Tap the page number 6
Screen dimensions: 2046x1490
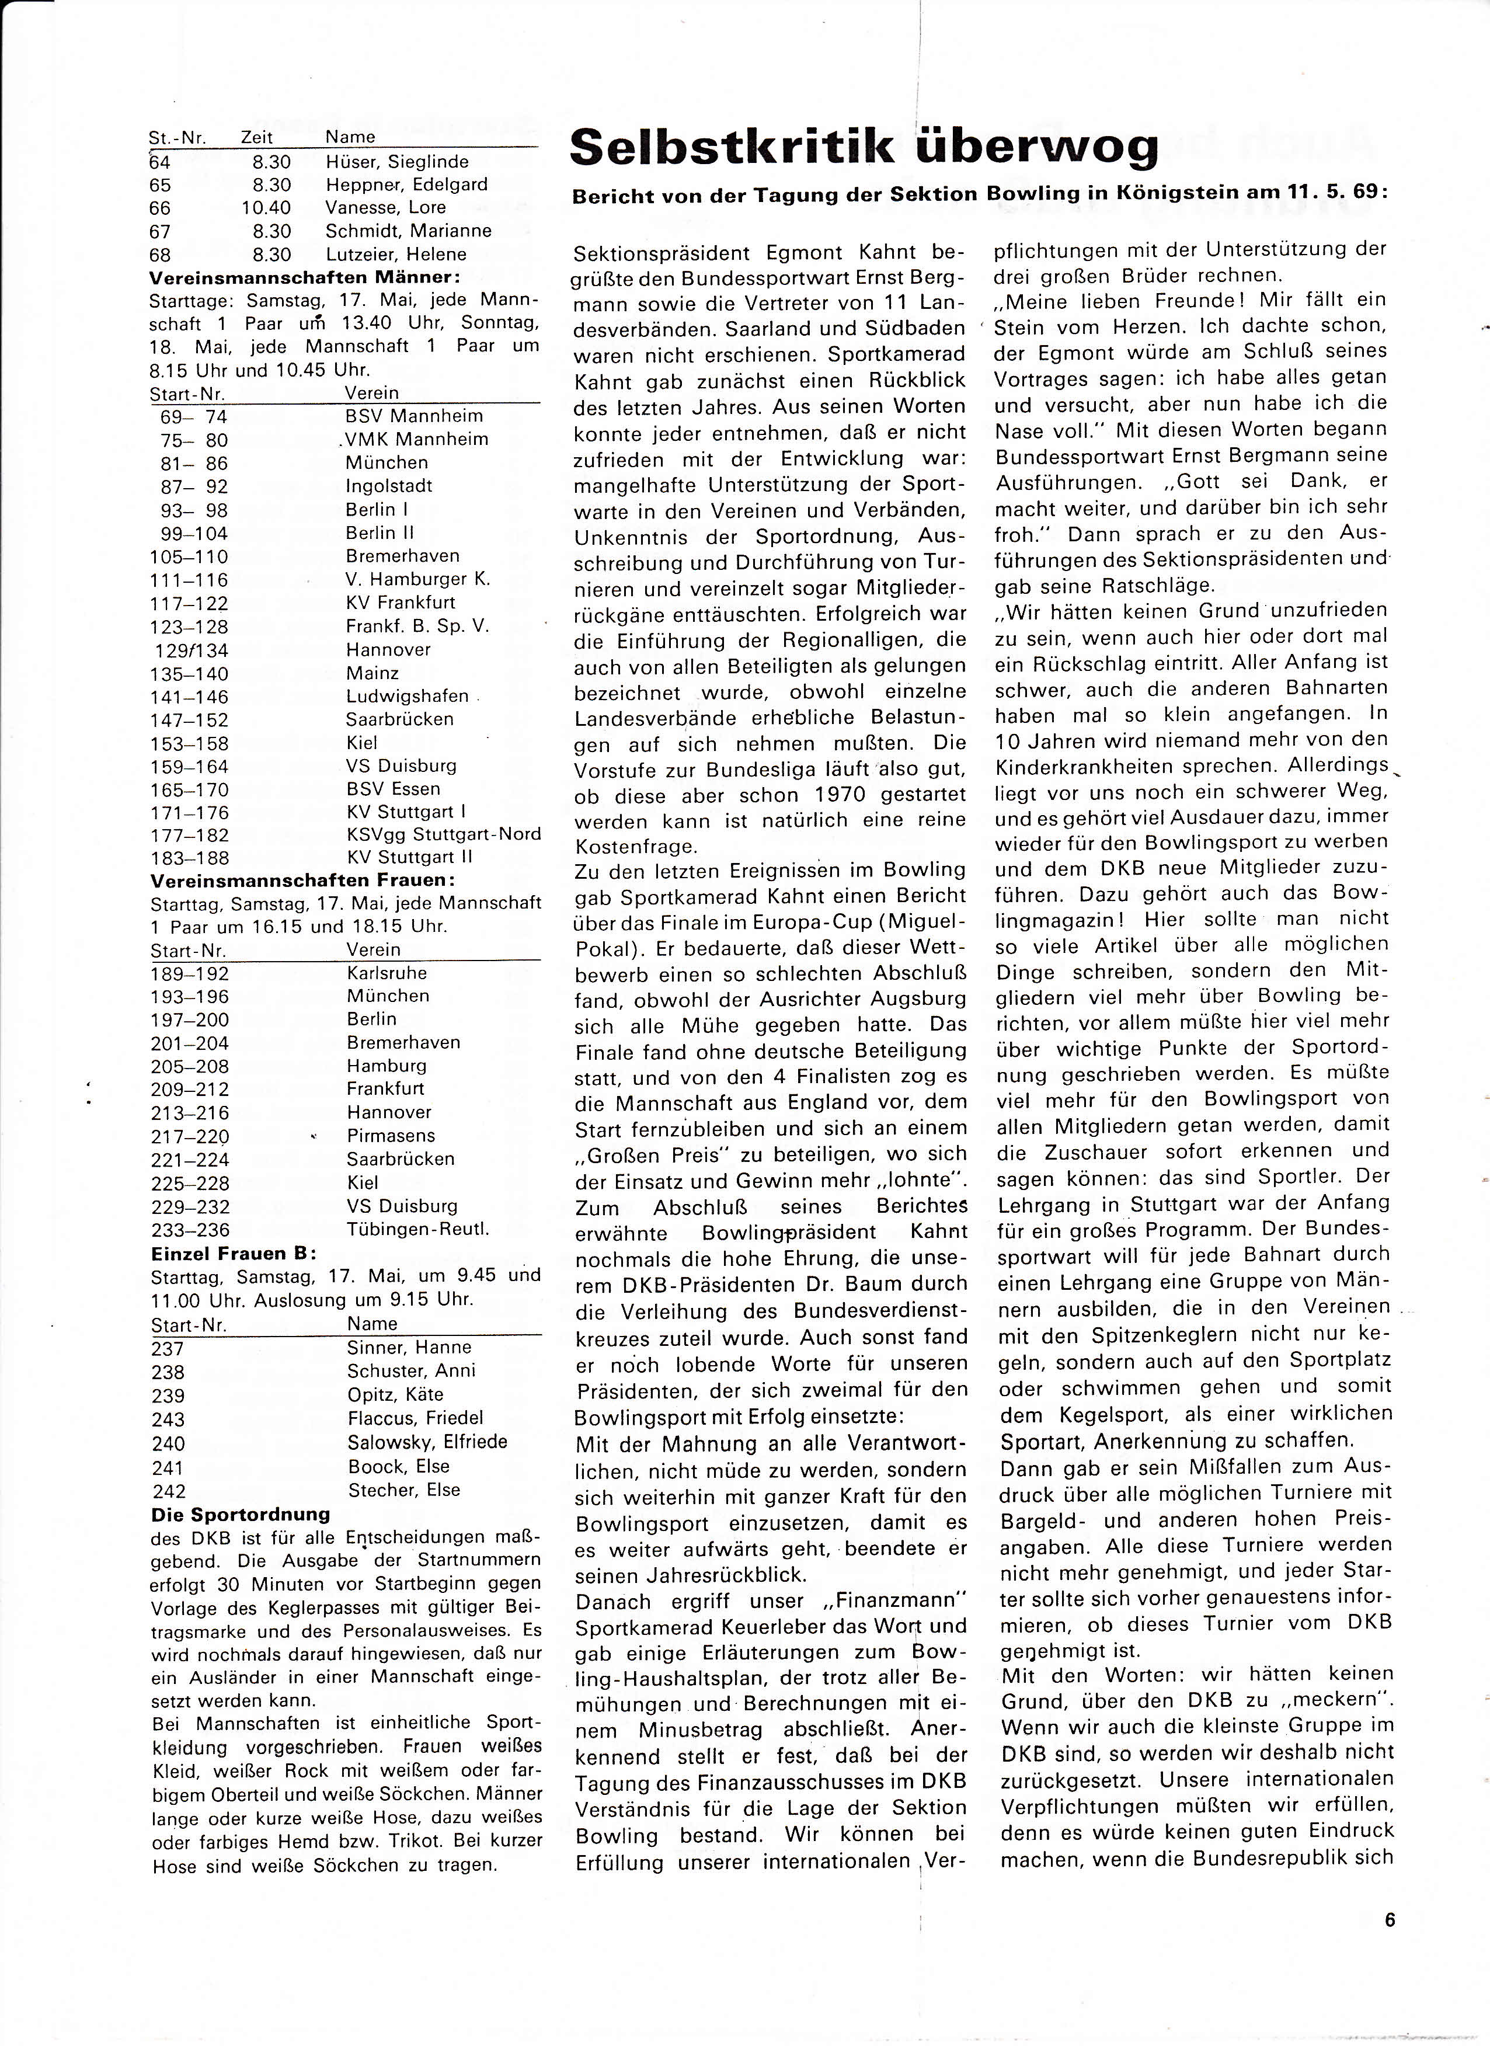coord(1389,1920)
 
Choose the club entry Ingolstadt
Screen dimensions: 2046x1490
coord(389,485)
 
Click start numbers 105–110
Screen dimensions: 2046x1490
coord(189,556)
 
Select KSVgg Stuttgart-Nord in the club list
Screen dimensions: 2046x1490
coord(443,834)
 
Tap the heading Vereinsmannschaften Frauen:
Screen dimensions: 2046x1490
coord(302,879)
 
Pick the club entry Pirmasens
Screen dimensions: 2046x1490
coord(391,1136)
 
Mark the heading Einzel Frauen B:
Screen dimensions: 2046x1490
coord(234,1253)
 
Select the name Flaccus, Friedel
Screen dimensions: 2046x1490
coord(415,1418)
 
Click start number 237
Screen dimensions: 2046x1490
coord(168,1349)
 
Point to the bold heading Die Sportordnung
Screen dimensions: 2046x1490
coord(241,1513)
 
